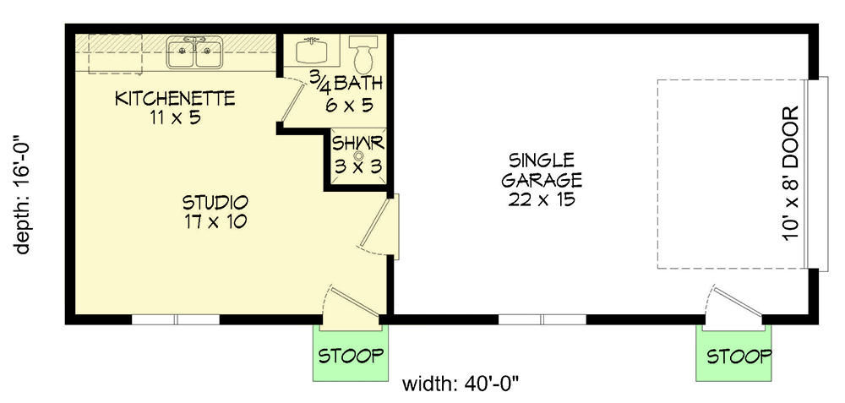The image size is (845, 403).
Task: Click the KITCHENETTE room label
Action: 175,99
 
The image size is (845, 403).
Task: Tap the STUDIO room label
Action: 215,204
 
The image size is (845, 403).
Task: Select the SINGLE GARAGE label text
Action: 542,170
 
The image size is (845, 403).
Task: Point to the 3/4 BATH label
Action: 346,84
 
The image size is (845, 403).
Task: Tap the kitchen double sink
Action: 195,53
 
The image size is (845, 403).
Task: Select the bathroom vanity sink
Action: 314,51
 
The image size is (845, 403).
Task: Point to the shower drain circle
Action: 357,155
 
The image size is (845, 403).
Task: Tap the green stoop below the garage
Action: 739,356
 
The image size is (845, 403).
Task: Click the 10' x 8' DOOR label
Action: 792,174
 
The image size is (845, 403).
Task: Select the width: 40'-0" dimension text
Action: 460,384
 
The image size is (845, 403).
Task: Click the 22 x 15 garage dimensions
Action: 542,200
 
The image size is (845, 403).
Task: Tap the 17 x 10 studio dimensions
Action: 215,223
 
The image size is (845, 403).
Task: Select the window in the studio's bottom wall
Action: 176,319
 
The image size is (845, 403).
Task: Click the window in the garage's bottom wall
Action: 542,319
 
